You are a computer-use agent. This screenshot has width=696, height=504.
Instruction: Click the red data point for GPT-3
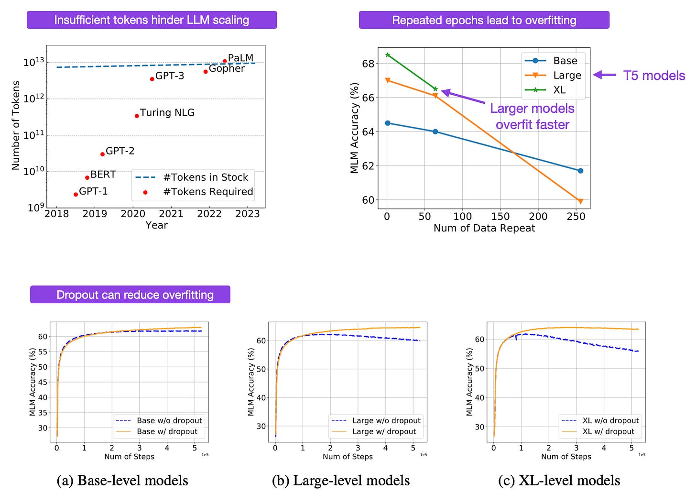(x=152, y=79)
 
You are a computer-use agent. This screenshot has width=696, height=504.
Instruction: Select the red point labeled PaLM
(x=225, y=61)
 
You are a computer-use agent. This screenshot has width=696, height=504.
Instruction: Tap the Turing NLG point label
(x=167, y=113)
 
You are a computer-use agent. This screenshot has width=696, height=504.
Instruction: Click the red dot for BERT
(x=87, y=177)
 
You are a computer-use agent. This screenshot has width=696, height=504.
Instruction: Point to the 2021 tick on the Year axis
(x=171, y=214)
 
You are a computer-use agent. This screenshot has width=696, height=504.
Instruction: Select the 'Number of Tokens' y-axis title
(x=16, y=125)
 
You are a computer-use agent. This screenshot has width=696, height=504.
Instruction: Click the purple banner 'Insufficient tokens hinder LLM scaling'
(x=152, y=20)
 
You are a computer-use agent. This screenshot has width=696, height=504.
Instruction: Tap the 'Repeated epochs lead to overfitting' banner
(x=484, y=20)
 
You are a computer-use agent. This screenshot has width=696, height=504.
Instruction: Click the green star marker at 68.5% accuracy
(x=388, y=55)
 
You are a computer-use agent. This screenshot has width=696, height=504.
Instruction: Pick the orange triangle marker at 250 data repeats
(x=580, y=201)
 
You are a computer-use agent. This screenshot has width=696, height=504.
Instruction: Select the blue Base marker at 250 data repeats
(x=580, y=171)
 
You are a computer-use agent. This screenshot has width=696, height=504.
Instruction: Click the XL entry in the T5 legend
(x=559, y=90)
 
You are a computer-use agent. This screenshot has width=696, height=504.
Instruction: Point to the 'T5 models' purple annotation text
(x=654, y=76)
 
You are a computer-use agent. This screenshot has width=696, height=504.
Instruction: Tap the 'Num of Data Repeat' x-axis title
(x=484, y=228)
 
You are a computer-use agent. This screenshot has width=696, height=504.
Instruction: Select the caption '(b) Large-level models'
(x=340, y=481)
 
